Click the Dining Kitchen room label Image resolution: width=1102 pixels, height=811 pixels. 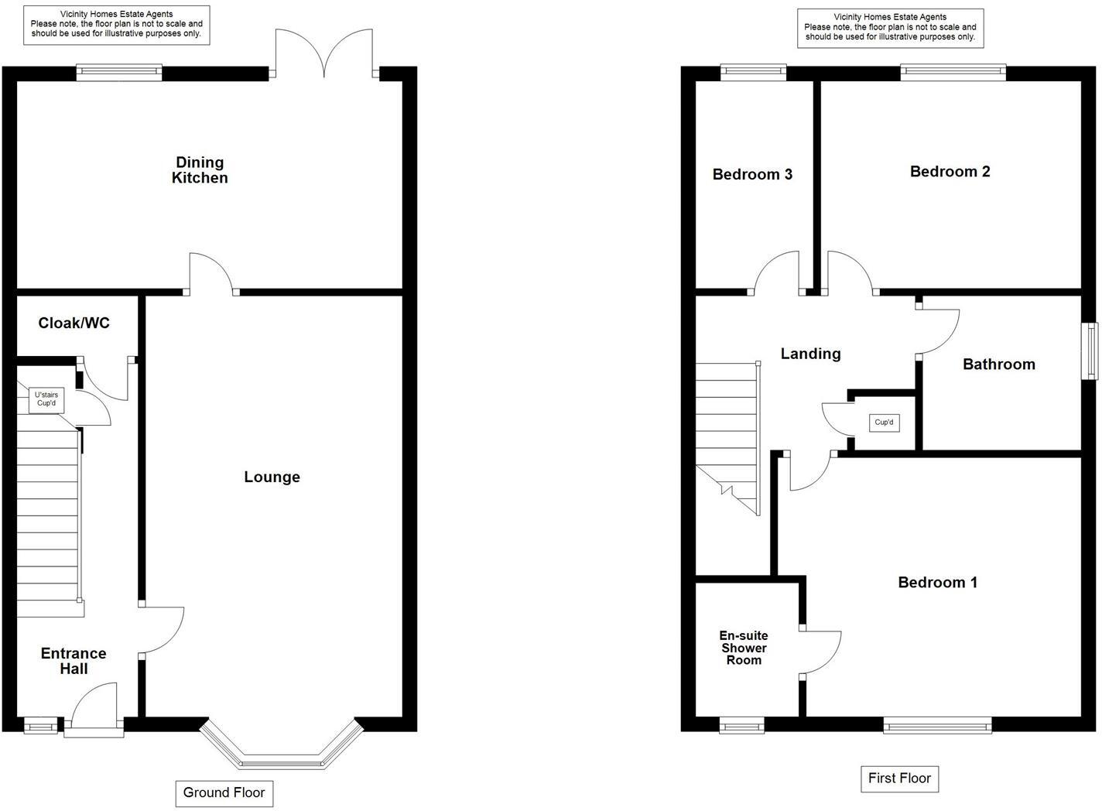[x=200, y=170]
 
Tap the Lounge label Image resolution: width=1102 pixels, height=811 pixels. [x=272, y=477]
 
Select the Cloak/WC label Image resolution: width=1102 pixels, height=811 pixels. [x=74, y=323]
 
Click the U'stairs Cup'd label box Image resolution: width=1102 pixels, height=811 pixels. [x=46, y=399]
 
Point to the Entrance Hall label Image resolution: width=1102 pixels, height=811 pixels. [x=74, y=661]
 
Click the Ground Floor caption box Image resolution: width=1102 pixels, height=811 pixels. [x=224, y=792]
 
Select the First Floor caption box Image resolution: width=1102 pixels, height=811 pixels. [x=899, y=778]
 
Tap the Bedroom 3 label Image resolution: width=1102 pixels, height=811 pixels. [x=752, y=174]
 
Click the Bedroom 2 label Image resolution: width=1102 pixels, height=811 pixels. [x=950, y=172]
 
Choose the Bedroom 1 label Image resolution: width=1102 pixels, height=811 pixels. [x=937, y=582]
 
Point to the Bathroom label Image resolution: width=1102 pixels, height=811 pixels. [x=998, y=364]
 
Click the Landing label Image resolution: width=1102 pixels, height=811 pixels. [x=810, y=354]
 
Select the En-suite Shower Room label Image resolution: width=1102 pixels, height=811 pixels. [x=744, y=648]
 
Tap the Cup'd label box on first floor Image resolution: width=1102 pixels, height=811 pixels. [x=884, y=423]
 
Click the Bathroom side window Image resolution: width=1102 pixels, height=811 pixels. [x=1090, y=351]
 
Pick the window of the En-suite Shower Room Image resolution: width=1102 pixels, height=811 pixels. [x=742, y=725]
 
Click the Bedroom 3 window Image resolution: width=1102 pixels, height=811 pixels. [x=753, y=73]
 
